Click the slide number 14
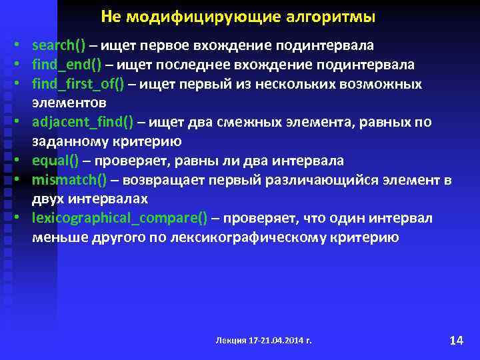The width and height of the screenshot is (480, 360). pos(456,341)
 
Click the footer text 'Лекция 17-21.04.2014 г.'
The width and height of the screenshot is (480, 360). pos(264,340)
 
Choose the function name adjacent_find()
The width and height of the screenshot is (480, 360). pos(83,123)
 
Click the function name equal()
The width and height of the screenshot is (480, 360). pos(55,161)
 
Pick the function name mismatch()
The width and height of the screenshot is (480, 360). pos(65,180)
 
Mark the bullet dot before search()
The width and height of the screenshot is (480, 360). pos(23,46)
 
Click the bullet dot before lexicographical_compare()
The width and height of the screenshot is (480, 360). pos(23,219)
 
